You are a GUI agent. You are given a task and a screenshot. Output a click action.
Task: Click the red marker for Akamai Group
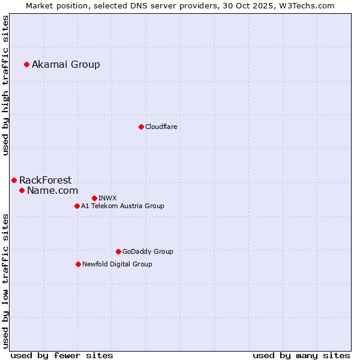click(x=26, y=64)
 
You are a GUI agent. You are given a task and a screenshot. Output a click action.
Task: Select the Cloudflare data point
click(x=141, y=127)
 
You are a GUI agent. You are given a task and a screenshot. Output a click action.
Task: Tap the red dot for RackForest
click(x=14, y=180)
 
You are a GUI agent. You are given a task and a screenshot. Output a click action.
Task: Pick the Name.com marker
click(x=22, y=190)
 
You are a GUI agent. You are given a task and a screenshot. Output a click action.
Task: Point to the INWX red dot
click(x=94, y=198)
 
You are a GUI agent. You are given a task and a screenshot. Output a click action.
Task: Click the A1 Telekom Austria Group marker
click(x=77, y=206)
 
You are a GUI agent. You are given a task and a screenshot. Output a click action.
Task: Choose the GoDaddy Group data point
click(x=118, y=251)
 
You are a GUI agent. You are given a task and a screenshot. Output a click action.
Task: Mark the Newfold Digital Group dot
click(x=78, y=264)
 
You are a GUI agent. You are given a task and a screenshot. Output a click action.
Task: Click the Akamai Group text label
click(x=66, y=64)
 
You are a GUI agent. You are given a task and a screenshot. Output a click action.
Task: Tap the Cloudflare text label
click(x=161, y=127)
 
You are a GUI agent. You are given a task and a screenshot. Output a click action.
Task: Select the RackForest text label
click(x=45, y=180)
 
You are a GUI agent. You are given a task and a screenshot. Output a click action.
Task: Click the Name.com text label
click(x=52, y=190)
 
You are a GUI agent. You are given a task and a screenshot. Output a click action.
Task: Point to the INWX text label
click(x=107, y=198)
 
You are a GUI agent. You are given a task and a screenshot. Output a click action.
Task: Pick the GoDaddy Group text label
click(x=148, y=251)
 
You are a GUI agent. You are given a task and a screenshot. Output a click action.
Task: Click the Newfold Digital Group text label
click(x=117, y=264)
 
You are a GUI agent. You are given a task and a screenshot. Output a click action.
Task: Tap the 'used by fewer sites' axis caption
click(x=62, y=355)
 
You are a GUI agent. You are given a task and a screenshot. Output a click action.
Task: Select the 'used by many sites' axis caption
click(x=301, y=355)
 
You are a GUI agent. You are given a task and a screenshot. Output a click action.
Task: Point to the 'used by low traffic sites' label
click(x=6, y=281)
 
